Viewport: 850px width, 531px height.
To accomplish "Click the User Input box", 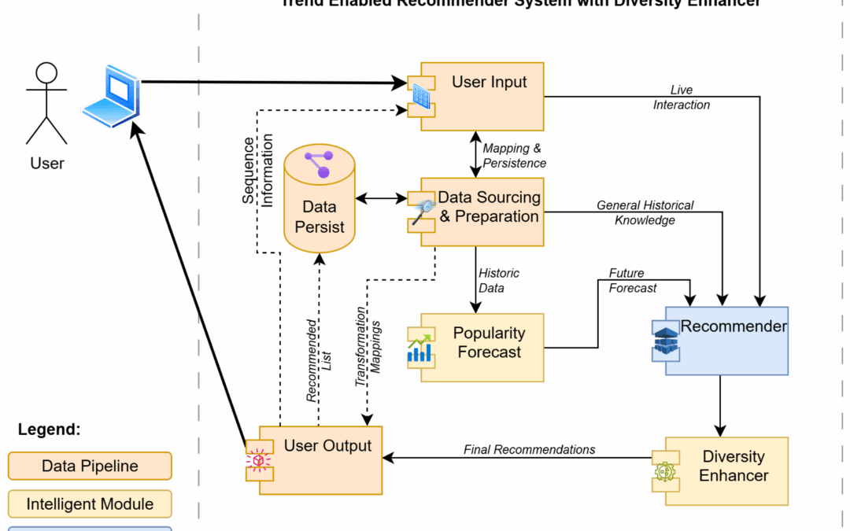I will pyautogui.click(x=482, y=96).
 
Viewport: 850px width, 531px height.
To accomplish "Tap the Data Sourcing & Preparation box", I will pyautogui.click(x=482, y=210).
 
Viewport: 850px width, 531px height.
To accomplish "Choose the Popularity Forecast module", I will pyautogui.click(x=482, y=347).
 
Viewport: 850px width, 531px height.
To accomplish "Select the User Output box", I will pyautogui.click(x=320, y=460).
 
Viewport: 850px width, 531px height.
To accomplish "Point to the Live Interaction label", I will pyautogui.click(x=681, y=98).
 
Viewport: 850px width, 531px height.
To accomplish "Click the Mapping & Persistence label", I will pyautogui.click(x=514, y=156).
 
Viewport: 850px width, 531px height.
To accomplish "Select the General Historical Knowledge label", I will pyautogui.click(x=645, y=212).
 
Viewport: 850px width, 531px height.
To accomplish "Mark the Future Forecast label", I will pyautogui.click(x=632, y=280).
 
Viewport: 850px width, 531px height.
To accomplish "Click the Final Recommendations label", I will pyautogui.click(x=529, y=449).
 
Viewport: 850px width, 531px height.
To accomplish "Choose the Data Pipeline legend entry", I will pyautogui.click(x=90, y=466).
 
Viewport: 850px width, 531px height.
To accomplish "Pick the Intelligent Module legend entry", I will pyautogui.click(x=90, y=504).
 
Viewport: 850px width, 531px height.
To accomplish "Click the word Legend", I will pyautogui.click(x=49, y=430).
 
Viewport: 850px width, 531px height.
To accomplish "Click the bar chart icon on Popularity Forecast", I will pyautogui.click(x=419, y=348).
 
